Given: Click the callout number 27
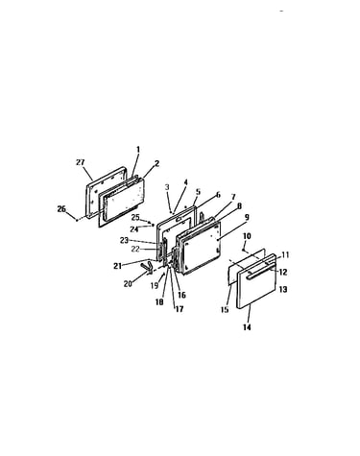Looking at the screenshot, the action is pyautogui.click(x=81, y=162).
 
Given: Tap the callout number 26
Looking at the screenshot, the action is pyautogui.click(x=61, y=209).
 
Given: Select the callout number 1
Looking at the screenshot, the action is pyautogui.click(x=138, y=150).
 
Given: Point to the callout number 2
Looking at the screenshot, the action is pyautogui.click(x=156, y=163).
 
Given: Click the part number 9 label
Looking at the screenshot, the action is pyautogui.click(x=247, y=217).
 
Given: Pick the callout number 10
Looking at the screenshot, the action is pyautogui.click(x=247, y=236).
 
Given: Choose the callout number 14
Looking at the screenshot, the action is pyautogui.click(x=247, y=327).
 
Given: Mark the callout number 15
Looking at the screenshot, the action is pyautogui.click(x=225, y=309).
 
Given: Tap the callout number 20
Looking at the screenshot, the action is pyautogui.click(x=128, y=284).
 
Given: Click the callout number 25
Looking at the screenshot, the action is pyautogui.click(x=135, y=217).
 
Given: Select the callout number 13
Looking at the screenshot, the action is pyautogui.click(x=283, y=289).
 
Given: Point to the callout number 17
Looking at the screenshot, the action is pyautogui.click(x=180, y=309).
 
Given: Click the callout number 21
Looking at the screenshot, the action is pyautogui.click(x=117, y=266).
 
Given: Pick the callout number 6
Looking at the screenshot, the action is pyautogui.click(x=218, y=195).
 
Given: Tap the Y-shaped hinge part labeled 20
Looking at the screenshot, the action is pyautogui.click(x=147, y=267).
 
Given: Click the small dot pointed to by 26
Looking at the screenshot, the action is pyautogui.click(x=77, y=220).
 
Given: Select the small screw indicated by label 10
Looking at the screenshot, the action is pyautogui.click(x=244, y=249).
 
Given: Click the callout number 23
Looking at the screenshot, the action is pyautogui.click(x=124, y=240).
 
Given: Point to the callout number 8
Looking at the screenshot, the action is pyautogui.click(x=239, y=206).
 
